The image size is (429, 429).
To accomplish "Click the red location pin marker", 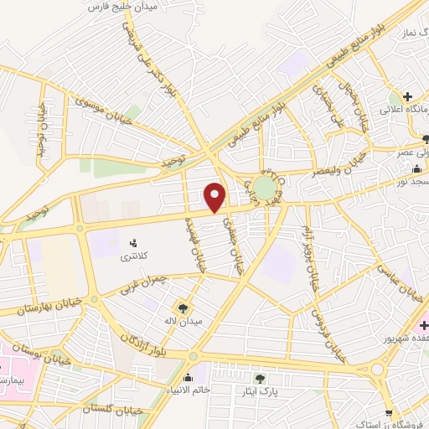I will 216,198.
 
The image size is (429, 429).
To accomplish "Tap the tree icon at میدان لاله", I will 183,308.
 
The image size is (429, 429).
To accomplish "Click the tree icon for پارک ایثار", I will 268,378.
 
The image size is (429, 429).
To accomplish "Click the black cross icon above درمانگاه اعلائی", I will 408,97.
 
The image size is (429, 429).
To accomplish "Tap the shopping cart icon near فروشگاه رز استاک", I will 388,411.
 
